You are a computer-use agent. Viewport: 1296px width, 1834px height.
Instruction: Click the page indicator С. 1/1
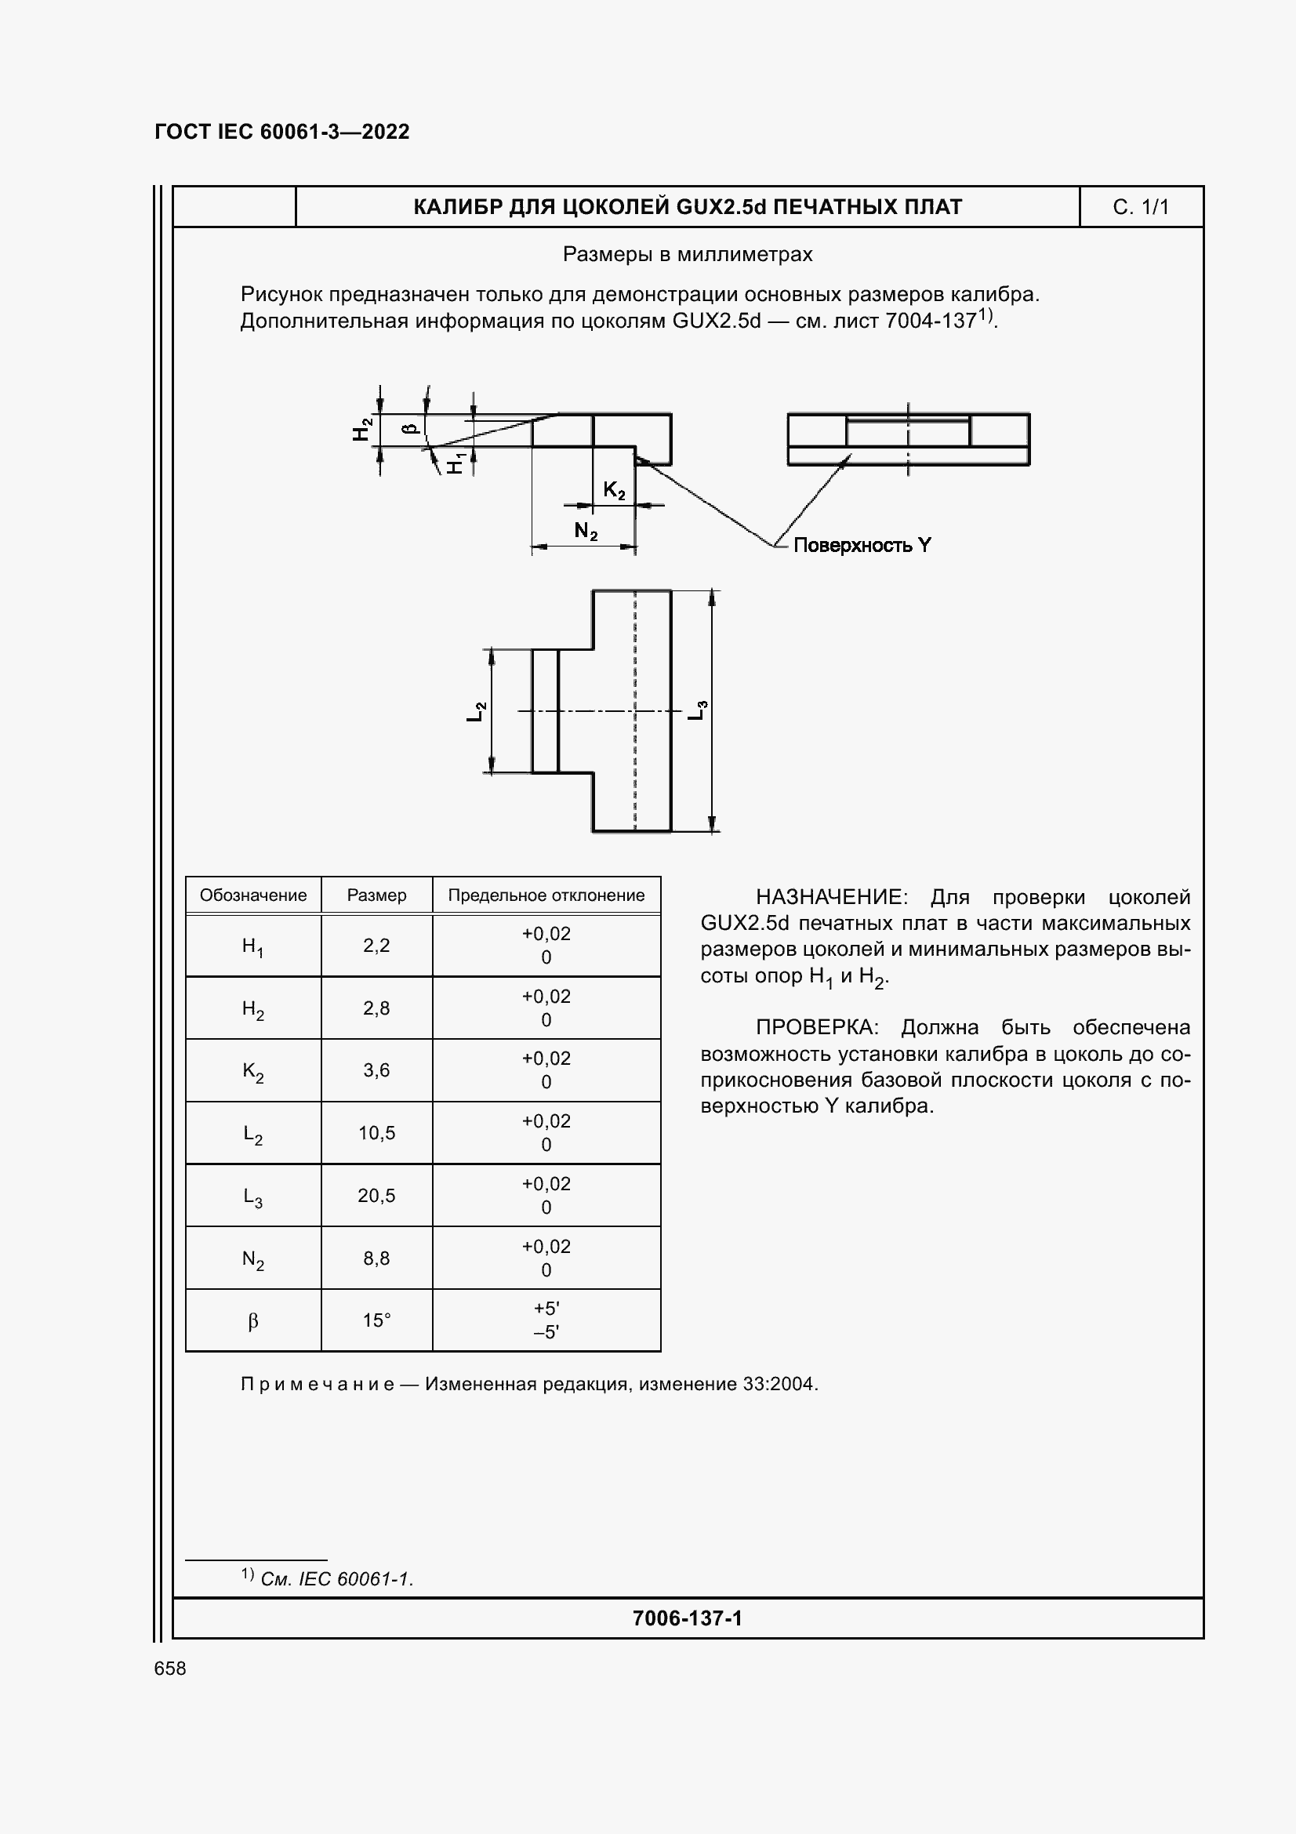tap(1140, 208)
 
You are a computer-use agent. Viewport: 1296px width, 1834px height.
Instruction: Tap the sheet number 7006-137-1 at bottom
tap(687, 1618)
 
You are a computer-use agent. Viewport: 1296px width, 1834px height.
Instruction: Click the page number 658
tap(170, 1668)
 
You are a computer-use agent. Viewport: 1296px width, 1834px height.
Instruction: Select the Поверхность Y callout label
tap(862, 546)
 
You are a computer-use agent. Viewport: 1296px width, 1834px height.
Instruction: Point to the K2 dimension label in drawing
tap(613, 490)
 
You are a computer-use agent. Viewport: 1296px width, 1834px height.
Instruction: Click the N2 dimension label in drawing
tap(586, 530)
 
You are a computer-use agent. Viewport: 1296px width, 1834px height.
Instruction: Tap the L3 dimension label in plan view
tap(697, 710)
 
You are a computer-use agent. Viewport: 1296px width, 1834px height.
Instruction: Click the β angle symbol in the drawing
tap(412, 428)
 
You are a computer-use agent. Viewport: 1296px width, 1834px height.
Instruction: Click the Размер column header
tap(376, 895)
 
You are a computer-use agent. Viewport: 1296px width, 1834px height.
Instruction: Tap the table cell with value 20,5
tap(376, 1196)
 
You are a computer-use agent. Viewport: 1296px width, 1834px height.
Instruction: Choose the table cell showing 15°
tap(376, 1321)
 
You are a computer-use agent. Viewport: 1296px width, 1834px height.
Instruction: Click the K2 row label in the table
tap(253, 1071)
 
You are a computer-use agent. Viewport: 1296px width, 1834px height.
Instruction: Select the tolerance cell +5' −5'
tap(546, 1320)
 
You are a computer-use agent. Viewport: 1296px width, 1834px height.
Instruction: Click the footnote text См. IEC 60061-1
tap(336, 1579)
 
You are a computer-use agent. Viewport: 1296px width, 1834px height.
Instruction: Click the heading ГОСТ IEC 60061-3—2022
tap(282, 132)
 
